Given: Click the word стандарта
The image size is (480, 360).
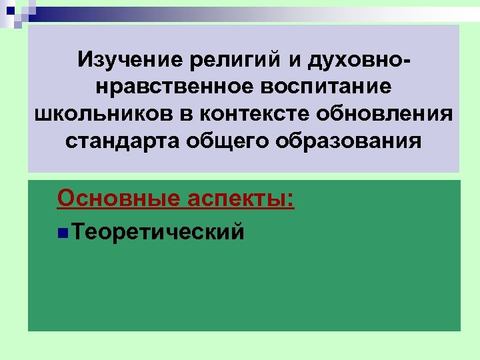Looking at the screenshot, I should point(121,141).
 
